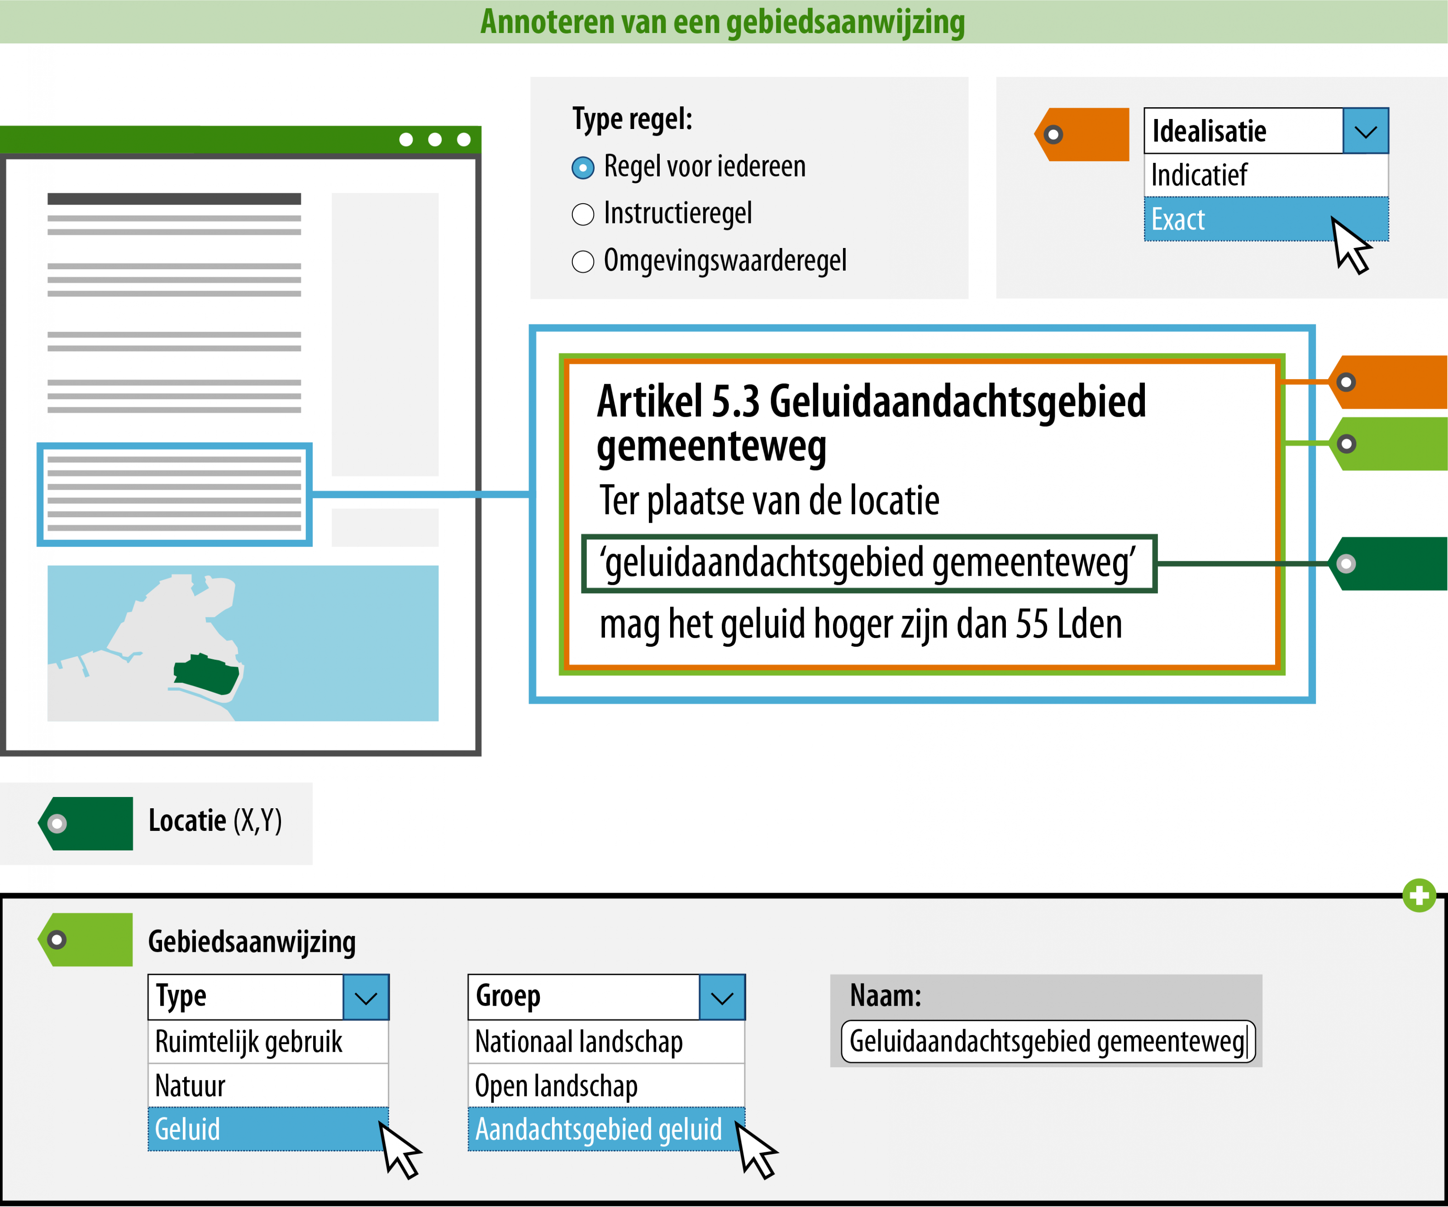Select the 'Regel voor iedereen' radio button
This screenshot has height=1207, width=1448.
[x=583, y=167]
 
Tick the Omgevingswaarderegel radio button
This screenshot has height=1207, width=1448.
[x=583, y=262]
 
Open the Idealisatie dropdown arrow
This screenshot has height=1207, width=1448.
[x=1365, y=131]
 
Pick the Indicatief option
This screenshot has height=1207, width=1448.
[x=1265, y=175]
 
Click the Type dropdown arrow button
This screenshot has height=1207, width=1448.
[x=366, y=997]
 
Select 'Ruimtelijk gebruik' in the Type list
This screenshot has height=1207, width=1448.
[x=267, y=1041]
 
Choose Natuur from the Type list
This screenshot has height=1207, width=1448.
[x=267, y=1086]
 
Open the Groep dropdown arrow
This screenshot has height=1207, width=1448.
[x=722, y=997]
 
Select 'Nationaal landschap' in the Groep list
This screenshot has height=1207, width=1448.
[x=605, y=1041]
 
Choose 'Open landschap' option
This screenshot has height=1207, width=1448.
[x=605, y=1086]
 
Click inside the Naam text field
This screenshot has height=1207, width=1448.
[x=1047, y=1041]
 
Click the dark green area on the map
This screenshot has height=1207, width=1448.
[x=207, y=674]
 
